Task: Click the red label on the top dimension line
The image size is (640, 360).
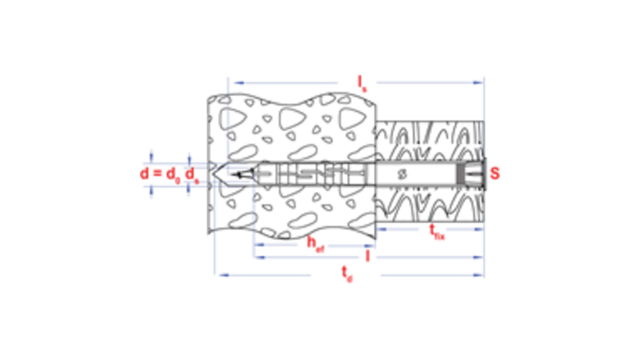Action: tap(362, 83)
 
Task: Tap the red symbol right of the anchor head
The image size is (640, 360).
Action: tap(494, 173)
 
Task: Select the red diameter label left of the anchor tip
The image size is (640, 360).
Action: tap(170, 174)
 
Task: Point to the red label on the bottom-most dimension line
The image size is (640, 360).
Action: tap(346, 274)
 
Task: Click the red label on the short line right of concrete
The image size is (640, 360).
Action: tap(437, 231)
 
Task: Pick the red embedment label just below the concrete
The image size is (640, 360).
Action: tap(314, 244)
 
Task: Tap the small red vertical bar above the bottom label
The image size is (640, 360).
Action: tap(368, 256)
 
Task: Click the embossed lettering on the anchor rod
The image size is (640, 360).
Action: tap(314, 175)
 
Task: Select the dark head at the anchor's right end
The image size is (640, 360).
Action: tap(468, 173)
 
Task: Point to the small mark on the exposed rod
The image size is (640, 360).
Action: tap(404, 175)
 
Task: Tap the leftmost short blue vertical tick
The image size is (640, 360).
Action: tap(152, 173)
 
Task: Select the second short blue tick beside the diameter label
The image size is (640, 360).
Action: tap(189, 173)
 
